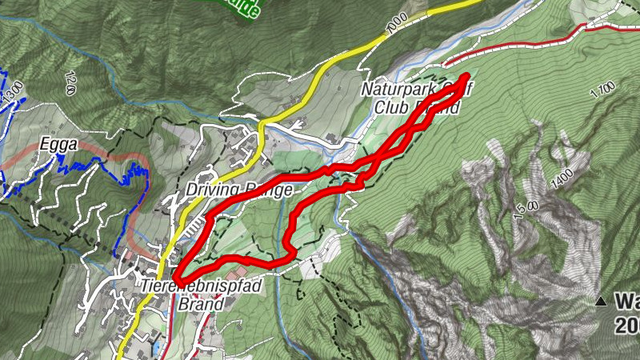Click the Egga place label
[x=58, y=146]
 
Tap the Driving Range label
[x=234, y=190]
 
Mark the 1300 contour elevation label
[x=12, y=90]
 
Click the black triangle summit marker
[x=600, y=302]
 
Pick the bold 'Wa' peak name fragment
[x=626, y=302]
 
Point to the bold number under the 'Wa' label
[x=627, y=326]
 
